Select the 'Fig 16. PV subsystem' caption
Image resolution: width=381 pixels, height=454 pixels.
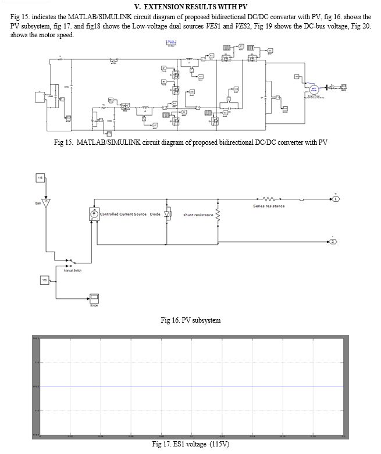pos(190,320)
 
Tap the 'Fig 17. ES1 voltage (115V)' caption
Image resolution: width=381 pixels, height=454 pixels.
pos(190,445)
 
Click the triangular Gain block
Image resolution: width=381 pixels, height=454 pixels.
pos(48,202)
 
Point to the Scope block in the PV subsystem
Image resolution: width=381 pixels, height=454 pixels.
pos(94,298)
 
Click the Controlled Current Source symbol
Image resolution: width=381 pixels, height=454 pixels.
pos(94,215)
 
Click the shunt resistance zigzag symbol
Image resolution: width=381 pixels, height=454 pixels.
pos(218,215)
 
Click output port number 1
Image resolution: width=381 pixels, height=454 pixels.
pos(336,199)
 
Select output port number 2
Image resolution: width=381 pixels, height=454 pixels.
pos(333,241)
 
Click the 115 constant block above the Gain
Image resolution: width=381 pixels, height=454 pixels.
pos(41,177)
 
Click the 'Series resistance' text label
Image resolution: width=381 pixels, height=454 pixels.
pos(268,206)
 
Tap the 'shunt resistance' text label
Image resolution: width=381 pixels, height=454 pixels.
pos(198,215)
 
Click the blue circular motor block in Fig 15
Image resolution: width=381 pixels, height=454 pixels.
pos(314,88)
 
